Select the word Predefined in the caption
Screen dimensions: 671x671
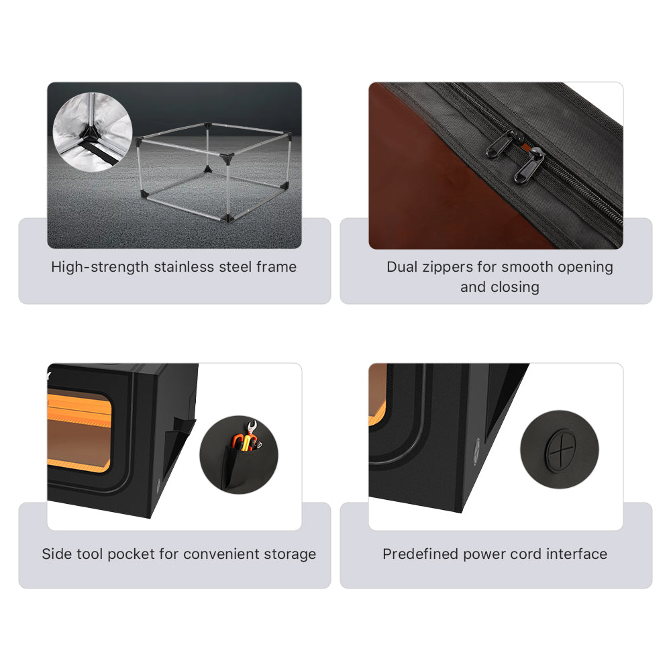click(x=420, y=554)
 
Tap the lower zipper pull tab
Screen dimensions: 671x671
click(x=529, y=165)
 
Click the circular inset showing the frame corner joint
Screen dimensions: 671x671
click(x=93, y=132)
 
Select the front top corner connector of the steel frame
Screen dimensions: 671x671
click(x=227, y=158)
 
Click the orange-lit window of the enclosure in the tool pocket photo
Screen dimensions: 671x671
click(x=79, y=432)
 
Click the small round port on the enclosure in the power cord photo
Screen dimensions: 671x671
click(x=476, y=452)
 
